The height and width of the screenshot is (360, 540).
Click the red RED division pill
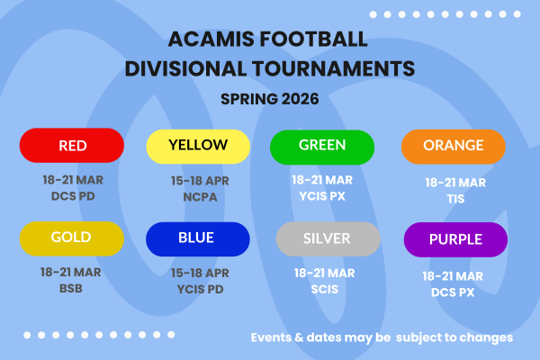[x=72, y=146]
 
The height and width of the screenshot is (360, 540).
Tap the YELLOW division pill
[x=198, y=146]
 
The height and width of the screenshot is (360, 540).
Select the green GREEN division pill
[x=322, y=146]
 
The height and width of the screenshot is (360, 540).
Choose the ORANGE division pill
[x=454, y=146]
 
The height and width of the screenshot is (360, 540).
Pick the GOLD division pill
[x=72, y=239]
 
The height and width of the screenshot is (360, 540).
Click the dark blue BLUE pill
[x=197, y=239]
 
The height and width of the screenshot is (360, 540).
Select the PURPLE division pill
[x=455, y=239]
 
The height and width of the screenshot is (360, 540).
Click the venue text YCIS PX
[x=322, y=194]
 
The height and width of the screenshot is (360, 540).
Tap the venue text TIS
[x=455, y=198]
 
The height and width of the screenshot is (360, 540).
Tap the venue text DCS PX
[x=455, y=292]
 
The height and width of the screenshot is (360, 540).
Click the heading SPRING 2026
[x=270, y=99]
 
